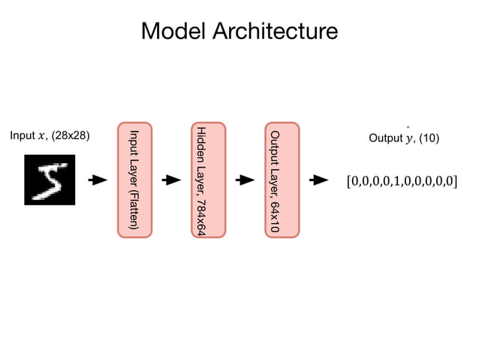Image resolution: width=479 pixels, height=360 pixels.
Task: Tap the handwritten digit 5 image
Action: point(50,180)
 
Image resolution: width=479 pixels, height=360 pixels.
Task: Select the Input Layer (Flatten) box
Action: point(134,180)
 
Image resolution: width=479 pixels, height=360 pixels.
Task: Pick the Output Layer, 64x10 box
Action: point(282,180)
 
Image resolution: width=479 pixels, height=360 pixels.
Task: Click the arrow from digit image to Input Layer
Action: point(97,180)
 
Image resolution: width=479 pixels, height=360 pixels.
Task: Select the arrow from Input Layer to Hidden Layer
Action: point(172,180)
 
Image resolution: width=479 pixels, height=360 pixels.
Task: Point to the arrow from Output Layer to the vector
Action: point(320,180)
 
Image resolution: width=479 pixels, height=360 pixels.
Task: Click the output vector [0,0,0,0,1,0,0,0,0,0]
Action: point(401,181)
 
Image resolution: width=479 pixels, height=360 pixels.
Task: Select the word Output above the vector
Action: point(385,138)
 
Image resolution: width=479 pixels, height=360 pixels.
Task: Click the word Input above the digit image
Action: point(22,136)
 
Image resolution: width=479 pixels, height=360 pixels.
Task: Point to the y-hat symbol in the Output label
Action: point(409,138)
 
